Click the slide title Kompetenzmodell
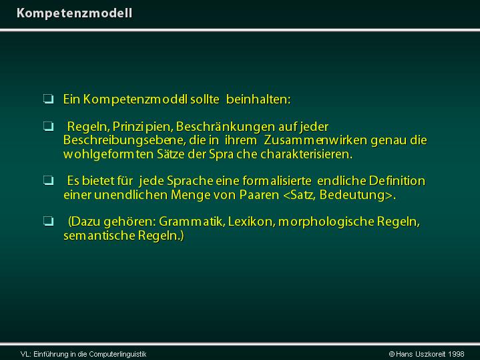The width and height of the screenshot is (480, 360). pyautogui.click(x=74, y=13)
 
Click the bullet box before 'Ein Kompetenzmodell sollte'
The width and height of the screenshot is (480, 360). pyautogui.click(x=48, y=99)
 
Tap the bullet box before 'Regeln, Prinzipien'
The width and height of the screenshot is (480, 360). pyautogui.click(x=48, y=126)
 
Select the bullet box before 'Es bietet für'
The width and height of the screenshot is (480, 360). pyautogui.click(x=48, y=180)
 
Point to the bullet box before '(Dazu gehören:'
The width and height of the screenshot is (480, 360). pyautogui.click(x=48, y=221)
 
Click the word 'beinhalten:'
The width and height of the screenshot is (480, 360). pyautogui.click(x=258, y=100)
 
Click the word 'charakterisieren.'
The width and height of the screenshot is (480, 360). pyautogui.click(x=306, y=154)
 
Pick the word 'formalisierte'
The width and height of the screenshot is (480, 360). pyautogui.click(x=277, y=181)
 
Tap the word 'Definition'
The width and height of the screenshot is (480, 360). pyautogui.click(x=397, y=181)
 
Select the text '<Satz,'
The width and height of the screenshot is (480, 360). pyautogui.click(x=300, y=195)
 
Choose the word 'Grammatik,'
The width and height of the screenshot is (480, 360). pyautogui.click(x=192, y=222)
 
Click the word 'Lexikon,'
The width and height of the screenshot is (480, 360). pyautogui.click(x=252, y=222)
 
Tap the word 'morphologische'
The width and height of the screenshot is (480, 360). pyautogui.click(x=326, y=222)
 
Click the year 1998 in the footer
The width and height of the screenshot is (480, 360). pyautogui.click(x=456, y=354)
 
